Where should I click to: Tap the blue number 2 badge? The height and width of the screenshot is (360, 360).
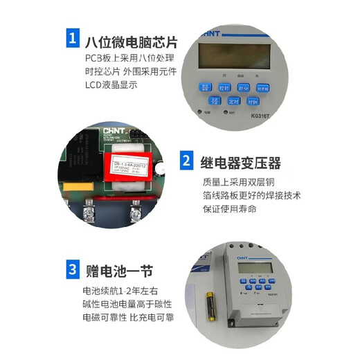(186, 163)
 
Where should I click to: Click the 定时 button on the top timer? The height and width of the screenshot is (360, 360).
(234, 100)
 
